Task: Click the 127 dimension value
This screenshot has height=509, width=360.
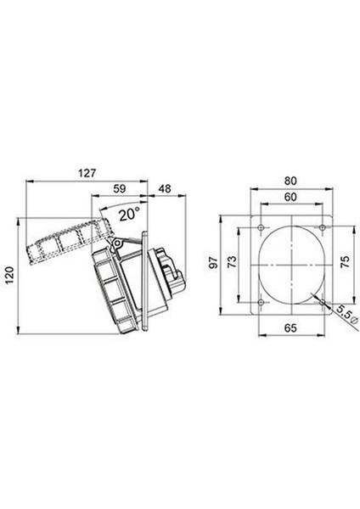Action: (87, 173)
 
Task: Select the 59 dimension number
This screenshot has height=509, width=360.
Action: (120, 188)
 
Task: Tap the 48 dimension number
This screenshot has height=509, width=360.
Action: (165, 188)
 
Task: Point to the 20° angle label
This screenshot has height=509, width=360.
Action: (129, 215)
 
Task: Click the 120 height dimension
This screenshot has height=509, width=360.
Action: (9, 275)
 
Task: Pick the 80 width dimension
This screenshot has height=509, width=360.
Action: (290, 181)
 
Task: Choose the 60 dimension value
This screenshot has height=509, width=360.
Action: (290, 197)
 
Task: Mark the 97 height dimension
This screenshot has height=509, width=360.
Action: (213, 262)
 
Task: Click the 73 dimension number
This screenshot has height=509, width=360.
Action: (232, 262)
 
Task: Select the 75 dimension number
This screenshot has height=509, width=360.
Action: (346, 261)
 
